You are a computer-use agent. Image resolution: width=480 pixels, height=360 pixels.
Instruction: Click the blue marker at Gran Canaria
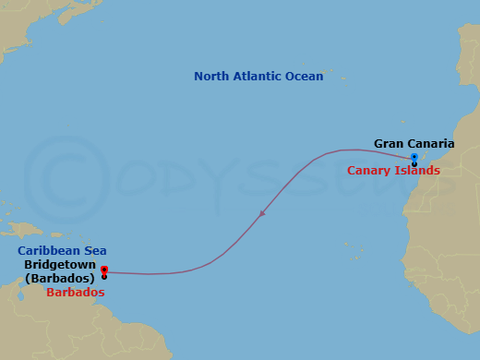414,157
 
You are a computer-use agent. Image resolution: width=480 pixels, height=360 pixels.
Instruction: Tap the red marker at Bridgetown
104,270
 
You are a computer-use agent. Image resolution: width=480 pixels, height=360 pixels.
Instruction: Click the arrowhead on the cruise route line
263,214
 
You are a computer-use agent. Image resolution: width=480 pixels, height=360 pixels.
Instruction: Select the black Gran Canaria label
414,144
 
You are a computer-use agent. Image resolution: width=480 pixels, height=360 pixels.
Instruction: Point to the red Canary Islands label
394,171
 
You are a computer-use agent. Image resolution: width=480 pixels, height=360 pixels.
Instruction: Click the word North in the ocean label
211,77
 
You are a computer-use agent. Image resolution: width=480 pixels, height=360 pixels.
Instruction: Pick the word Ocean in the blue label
306,77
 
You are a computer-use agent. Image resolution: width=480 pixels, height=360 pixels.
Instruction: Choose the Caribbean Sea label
63,250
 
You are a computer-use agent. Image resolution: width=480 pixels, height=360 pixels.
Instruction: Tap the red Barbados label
75,292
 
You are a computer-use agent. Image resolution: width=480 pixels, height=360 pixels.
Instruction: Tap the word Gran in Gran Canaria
389,144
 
